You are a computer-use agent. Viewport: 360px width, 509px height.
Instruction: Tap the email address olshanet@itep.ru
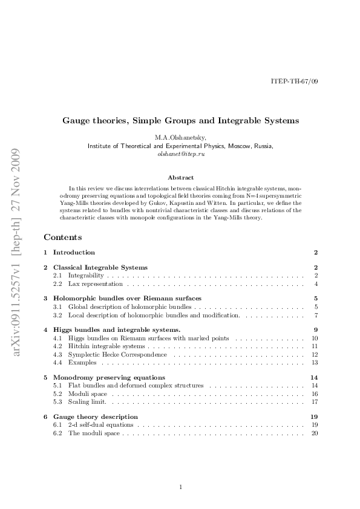click(x=180, y=155)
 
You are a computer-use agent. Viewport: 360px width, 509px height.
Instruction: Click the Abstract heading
click(x=180, y=178)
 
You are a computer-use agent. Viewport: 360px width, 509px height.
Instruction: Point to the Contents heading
click(x=62, y=237)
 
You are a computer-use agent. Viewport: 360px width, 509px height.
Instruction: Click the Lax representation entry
click(x=96, y=284)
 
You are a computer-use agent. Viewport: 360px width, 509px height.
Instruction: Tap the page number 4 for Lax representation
click(x=316, y=284)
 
